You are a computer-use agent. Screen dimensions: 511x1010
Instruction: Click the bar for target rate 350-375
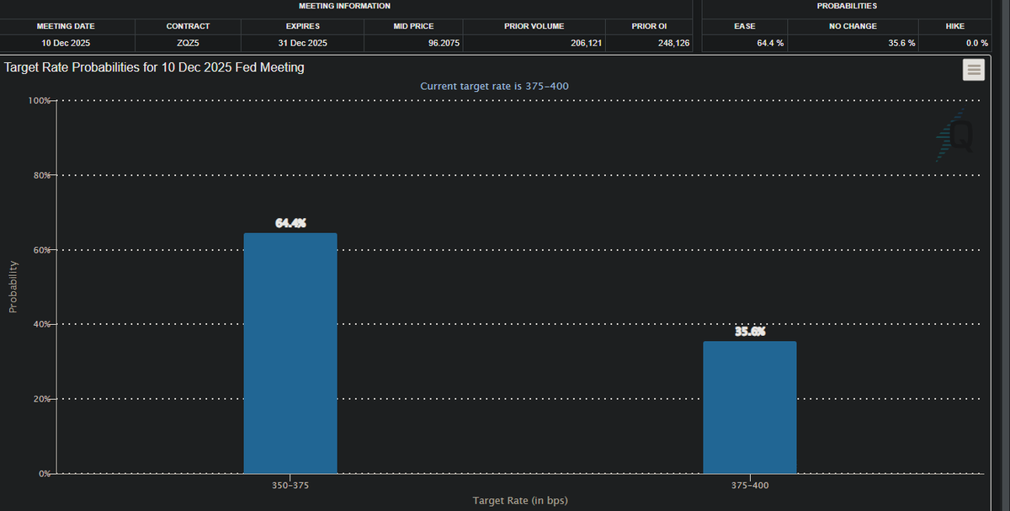click(x=290, y=354)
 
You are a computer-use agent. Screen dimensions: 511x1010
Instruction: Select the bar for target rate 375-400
click(x=749, y=407)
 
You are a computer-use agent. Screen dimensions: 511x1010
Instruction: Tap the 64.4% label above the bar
click(x=290, y=223)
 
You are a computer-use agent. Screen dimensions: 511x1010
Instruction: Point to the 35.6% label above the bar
click(x=749, y=331)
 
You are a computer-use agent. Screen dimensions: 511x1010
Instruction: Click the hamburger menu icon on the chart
click(x=974, y=71)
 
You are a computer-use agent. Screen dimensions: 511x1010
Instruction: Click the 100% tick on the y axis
click(x=40, y=101)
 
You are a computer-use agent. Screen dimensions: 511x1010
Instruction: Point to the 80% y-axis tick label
click(x=41, y=175)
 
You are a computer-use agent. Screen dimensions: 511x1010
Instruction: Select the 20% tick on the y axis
click(x=41, y=398)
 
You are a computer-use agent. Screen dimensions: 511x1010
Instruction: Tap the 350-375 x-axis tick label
click(x=290, y=486)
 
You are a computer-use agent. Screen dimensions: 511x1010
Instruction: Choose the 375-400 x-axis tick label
click(x=749, y=486)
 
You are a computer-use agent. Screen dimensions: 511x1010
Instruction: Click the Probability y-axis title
click(x=13, y=286)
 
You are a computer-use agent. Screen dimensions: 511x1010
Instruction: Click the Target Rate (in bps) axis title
click(x=519, y=501)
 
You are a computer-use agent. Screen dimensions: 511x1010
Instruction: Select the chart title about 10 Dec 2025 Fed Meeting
click(x=154, y=67)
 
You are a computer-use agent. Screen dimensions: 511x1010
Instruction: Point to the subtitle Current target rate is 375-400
click(x=500, y=87)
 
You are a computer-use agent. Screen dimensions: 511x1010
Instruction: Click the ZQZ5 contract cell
click(x=188, y=42)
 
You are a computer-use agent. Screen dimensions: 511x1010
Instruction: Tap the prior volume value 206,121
click(x=586, y=42)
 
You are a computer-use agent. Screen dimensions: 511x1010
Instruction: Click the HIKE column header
click(x=954, y=26)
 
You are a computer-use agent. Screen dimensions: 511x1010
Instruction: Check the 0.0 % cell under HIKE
click(x=976, y=42)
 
